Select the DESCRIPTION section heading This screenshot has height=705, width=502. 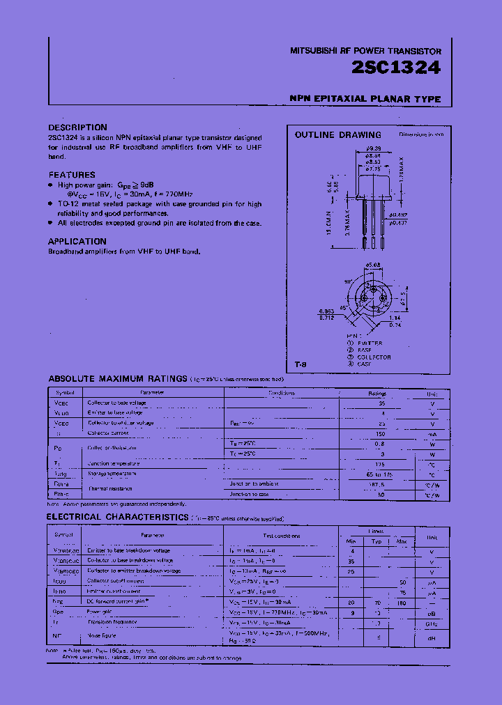pos(77,127)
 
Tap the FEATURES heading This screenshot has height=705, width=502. pos(72,175)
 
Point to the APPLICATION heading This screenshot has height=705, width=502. pos(77,242)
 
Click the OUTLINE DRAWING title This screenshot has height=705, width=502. pos(338,134)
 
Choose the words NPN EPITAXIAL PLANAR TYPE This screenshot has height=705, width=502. pos(365,99)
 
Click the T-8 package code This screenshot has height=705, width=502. pos(300,364)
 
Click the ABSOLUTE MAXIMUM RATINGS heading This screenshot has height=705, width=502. pos(117,378)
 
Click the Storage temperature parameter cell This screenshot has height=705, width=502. pos(112,474)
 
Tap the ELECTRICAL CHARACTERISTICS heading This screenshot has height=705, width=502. pos(117,517)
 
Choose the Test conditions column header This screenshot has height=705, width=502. pos(282,536)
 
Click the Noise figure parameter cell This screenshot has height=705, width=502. pos(99,635)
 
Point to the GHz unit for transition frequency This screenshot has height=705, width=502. pos(432,623)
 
